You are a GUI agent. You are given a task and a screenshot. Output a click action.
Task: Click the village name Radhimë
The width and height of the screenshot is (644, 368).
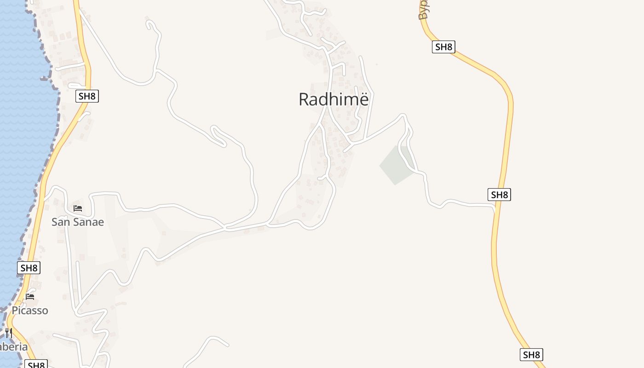click(333, 99)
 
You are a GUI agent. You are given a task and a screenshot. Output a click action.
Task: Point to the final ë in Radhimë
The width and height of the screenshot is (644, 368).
click(363, 99)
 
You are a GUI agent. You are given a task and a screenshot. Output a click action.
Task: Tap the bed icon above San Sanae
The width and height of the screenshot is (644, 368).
click(78, 208)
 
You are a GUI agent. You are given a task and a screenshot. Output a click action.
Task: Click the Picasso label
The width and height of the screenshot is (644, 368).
click(30, 310)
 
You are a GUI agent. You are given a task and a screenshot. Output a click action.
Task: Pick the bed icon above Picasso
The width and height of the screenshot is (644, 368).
click(30, 296)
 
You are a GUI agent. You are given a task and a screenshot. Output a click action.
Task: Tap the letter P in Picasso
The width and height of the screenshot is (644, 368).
click(15, 310)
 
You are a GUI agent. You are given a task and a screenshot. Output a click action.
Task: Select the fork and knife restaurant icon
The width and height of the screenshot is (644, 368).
click(9, 333)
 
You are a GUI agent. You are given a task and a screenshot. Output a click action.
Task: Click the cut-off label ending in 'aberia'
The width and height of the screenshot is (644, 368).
click(14, 347)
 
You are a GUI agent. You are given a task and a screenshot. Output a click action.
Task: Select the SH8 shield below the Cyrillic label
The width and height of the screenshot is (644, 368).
click(443, 46)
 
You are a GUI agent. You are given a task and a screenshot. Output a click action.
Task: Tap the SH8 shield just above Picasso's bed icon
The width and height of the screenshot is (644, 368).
click(29, 268)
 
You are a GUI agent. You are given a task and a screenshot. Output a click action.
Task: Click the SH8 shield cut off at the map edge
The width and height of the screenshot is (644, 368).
click(36, 365)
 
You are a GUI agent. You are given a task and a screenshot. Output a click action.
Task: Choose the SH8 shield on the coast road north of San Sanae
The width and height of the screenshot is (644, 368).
click(87, 96)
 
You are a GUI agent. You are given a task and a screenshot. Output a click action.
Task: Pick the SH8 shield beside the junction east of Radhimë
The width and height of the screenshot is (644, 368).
click(499, 195)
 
